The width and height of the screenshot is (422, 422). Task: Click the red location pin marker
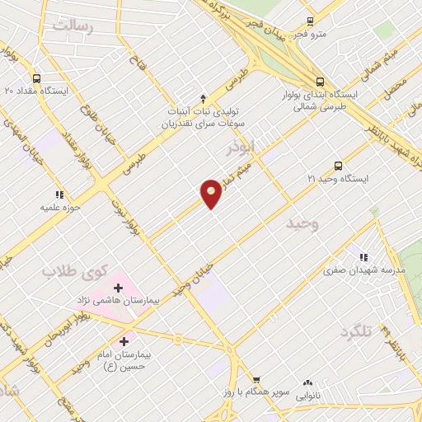point(212,192)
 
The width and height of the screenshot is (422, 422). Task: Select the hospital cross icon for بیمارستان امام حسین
point(124,340)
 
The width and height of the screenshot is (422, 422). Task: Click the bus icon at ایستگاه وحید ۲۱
point(338,165)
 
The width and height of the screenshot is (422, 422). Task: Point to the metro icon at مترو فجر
point(309,21)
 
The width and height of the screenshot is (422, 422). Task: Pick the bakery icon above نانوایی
point(307,382)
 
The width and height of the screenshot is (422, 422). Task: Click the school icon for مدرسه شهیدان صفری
point(364,256)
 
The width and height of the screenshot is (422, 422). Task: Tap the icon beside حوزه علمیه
point(59,195)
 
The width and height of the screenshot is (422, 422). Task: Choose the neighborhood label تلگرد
point(356,331)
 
